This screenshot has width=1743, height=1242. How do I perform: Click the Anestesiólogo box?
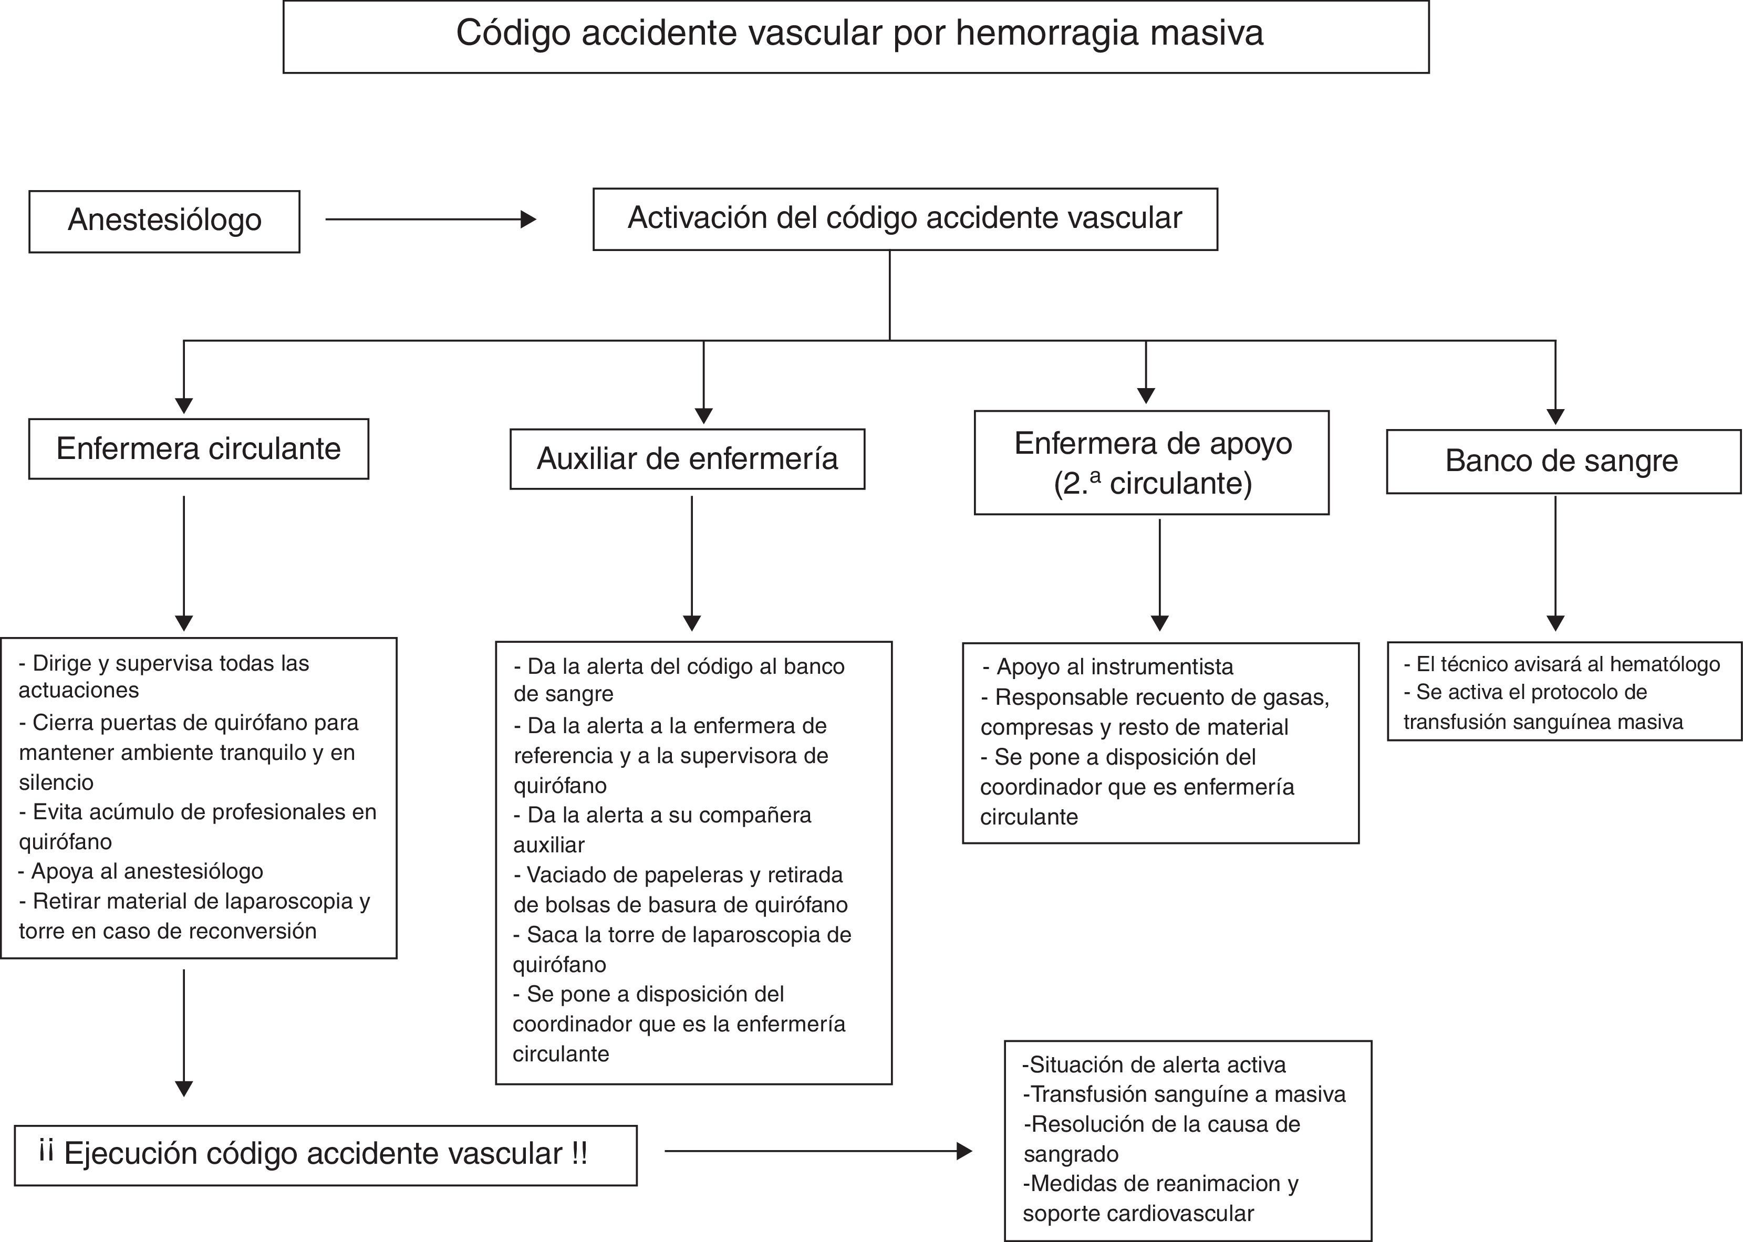(164, 221)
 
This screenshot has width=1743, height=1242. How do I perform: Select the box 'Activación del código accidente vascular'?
(905, 218)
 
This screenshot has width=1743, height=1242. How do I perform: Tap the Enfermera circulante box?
(198, 449)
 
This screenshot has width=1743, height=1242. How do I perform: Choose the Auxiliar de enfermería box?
(687, 459)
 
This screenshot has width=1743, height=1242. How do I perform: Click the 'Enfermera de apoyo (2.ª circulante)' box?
(1151, 463)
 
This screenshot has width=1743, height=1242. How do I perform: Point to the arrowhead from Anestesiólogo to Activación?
(528, 220)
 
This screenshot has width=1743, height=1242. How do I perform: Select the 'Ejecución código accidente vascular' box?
(325, 1155)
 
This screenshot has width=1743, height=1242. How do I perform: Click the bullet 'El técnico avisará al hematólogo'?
(1561, 664)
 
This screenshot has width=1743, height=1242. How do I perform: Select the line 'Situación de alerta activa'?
(1153, 1064)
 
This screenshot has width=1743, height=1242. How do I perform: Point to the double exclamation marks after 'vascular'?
(579, 1153)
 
